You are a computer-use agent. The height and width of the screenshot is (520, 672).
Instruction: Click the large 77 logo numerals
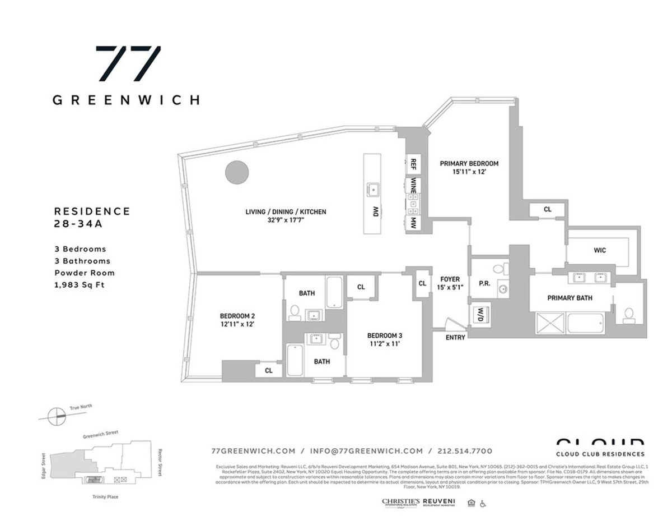[128, 63]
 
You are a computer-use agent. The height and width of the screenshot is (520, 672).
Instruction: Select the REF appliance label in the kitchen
[413, 164]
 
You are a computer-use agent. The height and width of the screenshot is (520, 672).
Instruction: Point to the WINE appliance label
[413, 186]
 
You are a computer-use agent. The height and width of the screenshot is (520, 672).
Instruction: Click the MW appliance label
[413, 222]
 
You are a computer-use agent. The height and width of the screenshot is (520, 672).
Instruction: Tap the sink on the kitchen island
[372, 188]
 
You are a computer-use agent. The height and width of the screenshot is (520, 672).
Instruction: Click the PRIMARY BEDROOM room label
[469, 164]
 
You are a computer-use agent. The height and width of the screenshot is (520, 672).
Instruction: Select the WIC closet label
[599, 250]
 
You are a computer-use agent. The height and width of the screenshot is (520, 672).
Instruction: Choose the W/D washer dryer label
[480, 315]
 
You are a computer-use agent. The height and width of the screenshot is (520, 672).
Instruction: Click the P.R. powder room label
[485, 283]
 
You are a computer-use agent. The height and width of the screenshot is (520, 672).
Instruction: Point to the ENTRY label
[455, 338]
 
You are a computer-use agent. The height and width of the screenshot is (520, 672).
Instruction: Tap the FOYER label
[450, 279]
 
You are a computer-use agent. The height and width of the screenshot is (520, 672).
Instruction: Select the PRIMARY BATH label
[570, 298]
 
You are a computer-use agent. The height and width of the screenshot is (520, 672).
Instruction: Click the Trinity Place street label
[105, 497]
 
